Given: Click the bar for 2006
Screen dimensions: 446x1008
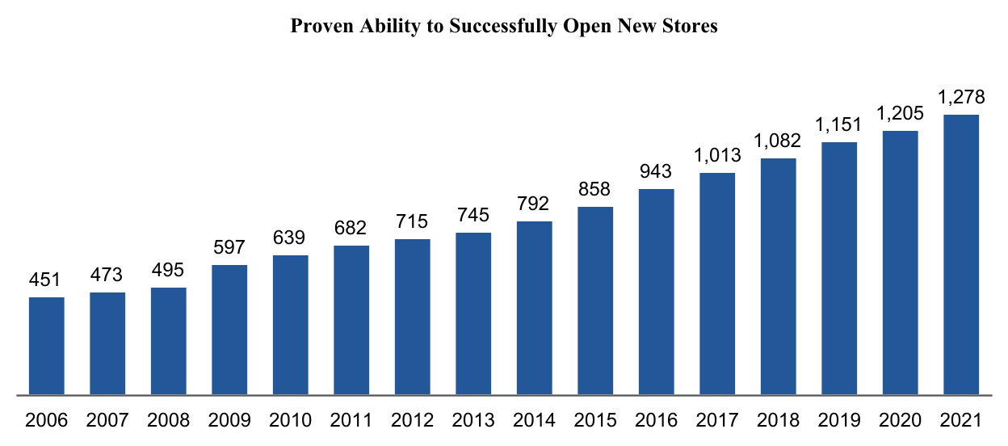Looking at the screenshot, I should click(x=47, y=346).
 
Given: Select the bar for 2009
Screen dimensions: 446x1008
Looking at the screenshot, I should click(x=229, y=330).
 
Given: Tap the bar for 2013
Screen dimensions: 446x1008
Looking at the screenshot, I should click(x=473, y=313).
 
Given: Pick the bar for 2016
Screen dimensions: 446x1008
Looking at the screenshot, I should click(x=657, y=292).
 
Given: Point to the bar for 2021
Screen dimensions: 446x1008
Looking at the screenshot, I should click(x=961, y=255).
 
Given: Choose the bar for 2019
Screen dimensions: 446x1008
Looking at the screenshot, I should click(x=839, y=268).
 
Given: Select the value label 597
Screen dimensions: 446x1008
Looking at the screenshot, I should click(x=229, y=247).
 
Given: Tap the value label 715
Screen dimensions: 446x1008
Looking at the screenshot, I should click(x=413, y=221).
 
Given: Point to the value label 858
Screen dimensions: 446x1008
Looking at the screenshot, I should click(x=595, y=189).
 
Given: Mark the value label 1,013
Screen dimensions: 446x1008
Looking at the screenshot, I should click(x=717, y=155).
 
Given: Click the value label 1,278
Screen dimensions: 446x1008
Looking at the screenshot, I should click(x=961, y=97).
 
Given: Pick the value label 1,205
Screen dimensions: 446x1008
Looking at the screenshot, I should click(x=901, y=113).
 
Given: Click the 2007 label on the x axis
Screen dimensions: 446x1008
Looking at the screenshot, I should click(x=107, y=420).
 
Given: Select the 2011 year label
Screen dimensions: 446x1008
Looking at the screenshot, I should click(x=351, y=420).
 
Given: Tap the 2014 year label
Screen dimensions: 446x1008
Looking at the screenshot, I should click(x=535, y=420).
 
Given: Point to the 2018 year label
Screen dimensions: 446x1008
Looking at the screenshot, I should click(x=779, y=420).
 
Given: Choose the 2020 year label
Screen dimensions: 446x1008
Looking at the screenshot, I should click(x=901, y=420).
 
